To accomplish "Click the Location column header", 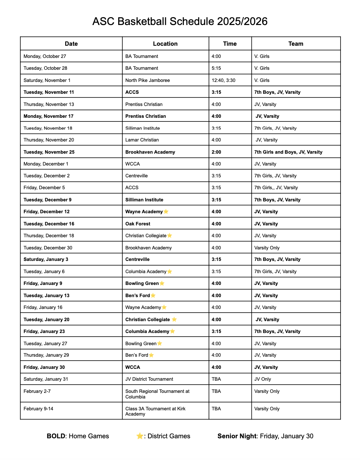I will [x=165, y=44].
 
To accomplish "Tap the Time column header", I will [x=230, y=44].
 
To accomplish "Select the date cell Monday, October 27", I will [x=45, y=56].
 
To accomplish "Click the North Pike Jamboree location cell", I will [x=147, y=80].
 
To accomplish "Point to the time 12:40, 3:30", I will [x=223, y=80].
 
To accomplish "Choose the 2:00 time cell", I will [x=216, y=152].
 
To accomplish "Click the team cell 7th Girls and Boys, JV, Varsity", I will [x=288, y=152].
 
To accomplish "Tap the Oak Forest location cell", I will [x=138, y=224].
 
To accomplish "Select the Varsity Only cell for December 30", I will [x=267, y=248].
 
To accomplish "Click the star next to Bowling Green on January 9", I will [x=162, y=283].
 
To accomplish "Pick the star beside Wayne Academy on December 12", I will [x=166, y=212].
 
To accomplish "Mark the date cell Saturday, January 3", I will [x=46, y=259].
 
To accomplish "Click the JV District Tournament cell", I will [x=149, y=379].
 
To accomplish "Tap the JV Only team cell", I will [x=263, y=379].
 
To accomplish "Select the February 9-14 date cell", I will [x=38, y=409].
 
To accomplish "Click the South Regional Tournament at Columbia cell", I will [x=157, y=394].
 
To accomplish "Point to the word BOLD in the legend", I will [x=56, y=436].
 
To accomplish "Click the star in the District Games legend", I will [x=140, y=436].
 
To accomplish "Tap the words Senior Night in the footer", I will [x=237, y=436].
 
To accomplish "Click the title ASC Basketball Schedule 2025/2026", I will [x=180, y=21].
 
